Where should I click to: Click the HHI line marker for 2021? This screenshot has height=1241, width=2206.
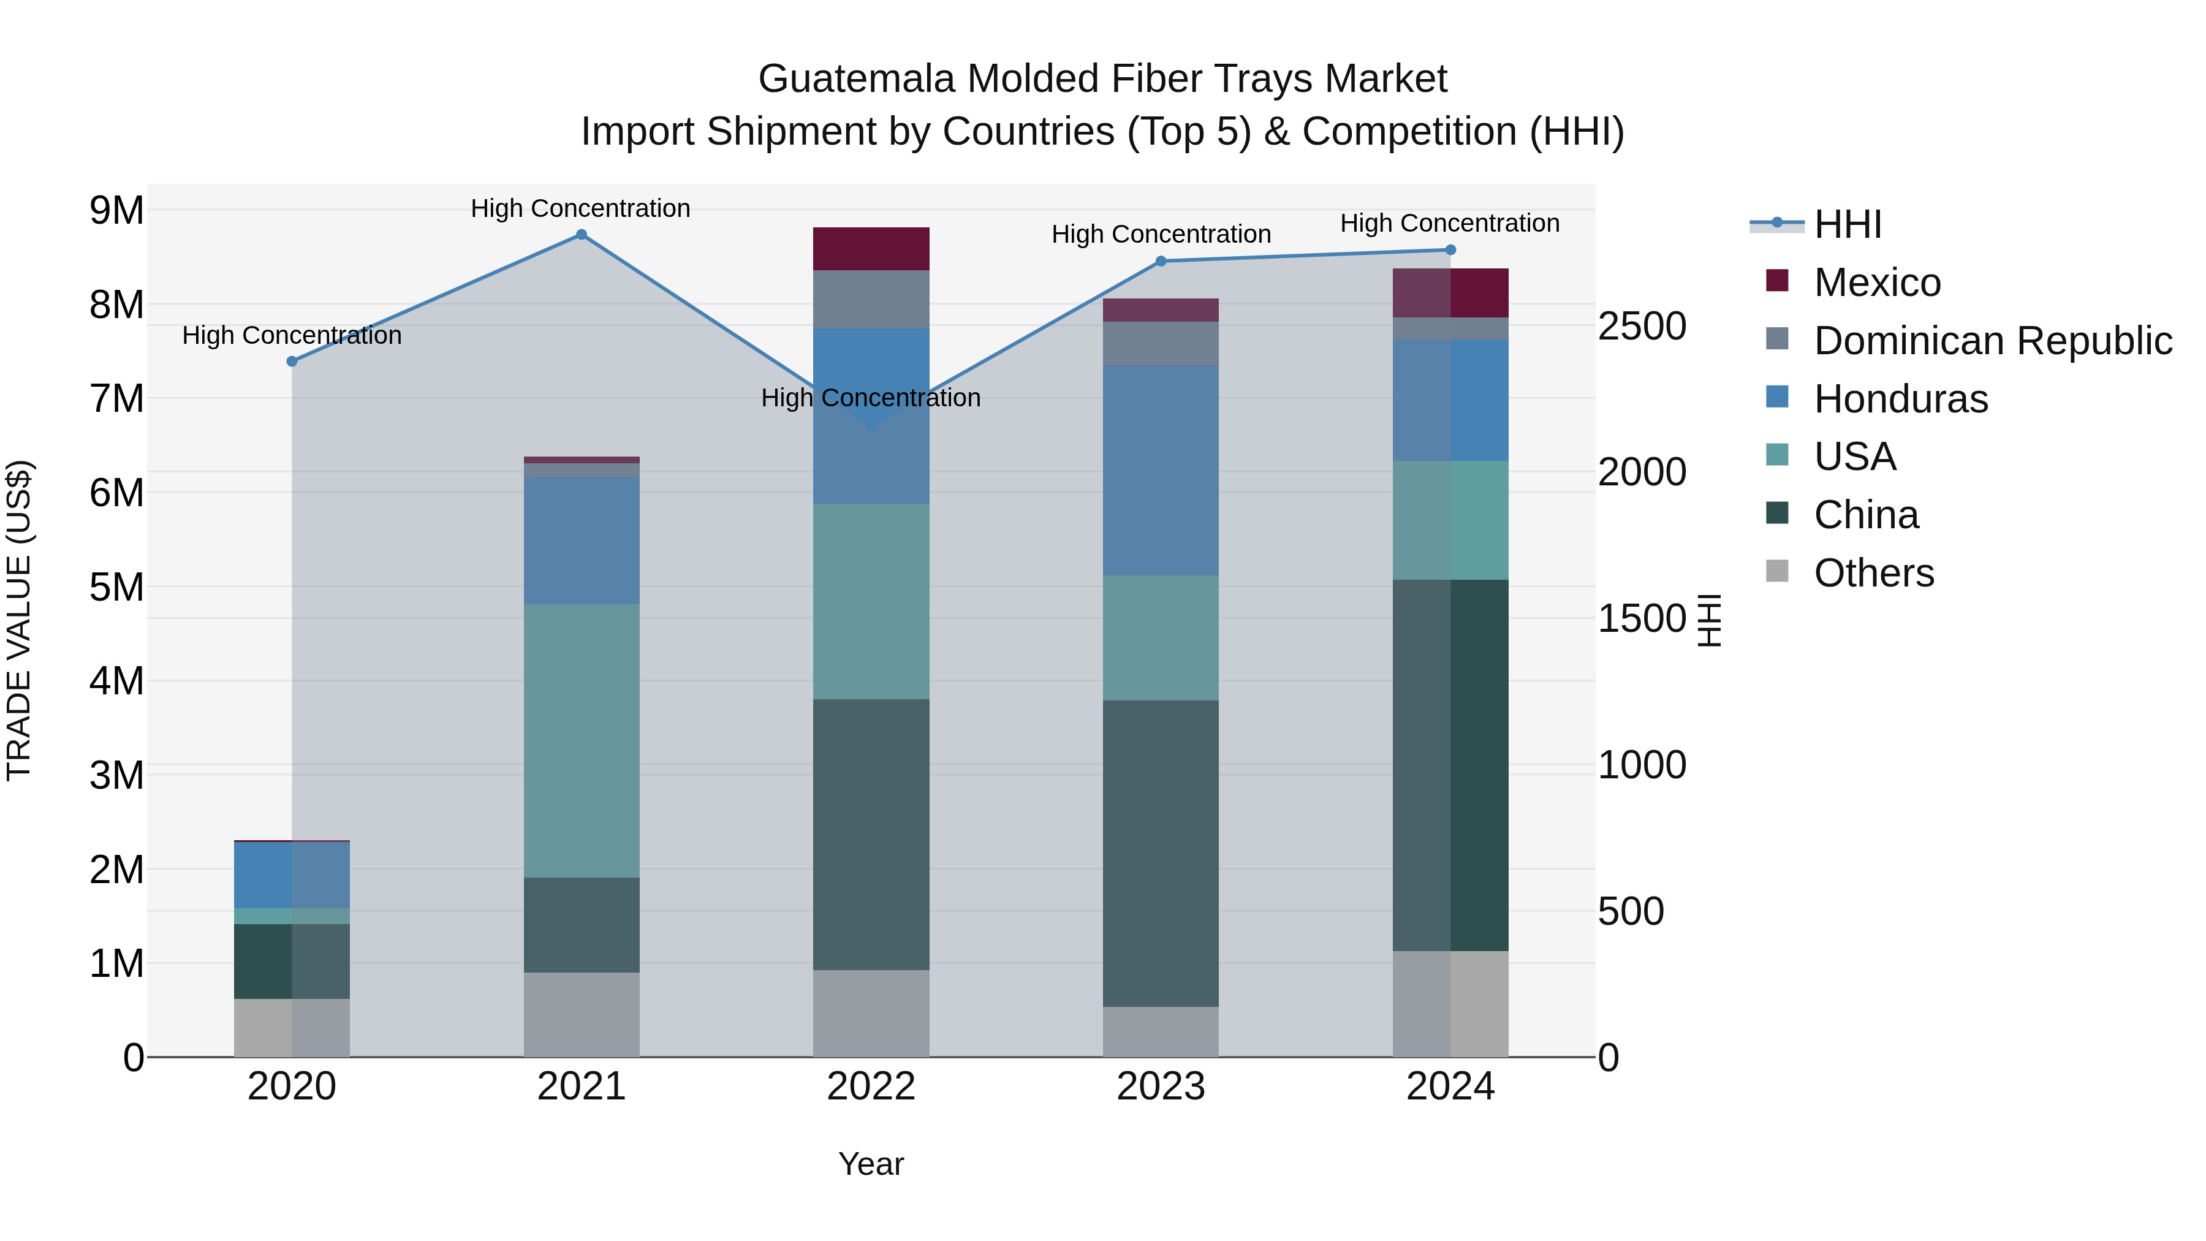click(x=581, y=235)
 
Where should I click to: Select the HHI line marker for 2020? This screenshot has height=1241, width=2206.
click(x=292, y=362)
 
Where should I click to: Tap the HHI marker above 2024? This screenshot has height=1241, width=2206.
click(x=1450, y=250)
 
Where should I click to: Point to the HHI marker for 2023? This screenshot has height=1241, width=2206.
click(x=1161, y=261)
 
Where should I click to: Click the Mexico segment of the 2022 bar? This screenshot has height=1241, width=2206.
click(x=871, y=249)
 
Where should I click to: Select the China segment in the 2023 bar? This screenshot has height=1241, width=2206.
click(x=1161, y=853)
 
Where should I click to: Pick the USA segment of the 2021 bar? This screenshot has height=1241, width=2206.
click(x=581, y=741)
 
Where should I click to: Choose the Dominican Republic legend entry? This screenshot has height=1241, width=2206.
click(x=1992, y=341)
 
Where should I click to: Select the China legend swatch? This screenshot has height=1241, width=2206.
click(x=1777, y=514)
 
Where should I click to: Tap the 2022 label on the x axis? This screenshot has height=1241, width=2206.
click(x=871, y=1087)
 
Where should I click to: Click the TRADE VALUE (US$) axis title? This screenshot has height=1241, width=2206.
click(x=20, y=620)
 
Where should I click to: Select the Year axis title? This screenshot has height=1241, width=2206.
click(x=871, y=1164)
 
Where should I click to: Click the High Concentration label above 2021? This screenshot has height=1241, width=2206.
click(x=581, y=208)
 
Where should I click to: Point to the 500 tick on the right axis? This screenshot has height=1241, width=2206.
click(x=1631, y=911)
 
